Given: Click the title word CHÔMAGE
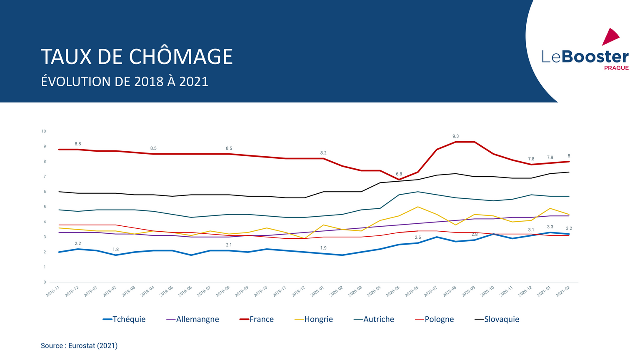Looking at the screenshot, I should [181, 57].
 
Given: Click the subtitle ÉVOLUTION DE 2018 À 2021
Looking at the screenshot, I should [124, 81].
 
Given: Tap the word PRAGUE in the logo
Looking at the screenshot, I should [616, 68].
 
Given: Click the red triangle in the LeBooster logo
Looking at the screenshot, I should [610, 37].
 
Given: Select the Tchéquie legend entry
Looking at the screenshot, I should [124, 319].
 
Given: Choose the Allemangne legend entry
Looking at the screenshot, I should [192, 319].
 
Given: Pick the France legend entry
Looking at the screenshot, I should [257, 319].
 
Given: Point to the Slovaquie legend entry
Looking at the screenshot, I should [497, 319].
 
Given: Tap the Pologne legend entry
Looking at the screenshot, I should [435, 319].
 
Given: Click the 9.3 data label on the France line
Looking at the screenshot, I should [455, 136].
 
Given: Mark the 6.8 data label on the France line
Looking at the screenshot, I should [399, 174].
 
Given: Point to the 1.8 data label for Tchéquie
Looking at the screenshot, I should [115, 250].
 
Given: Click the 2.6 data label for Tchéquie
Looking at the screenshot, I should [417, 237].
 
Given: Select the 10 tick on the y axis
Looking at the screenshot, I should [44, 131].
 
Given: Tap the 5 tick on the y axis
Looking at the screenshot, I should [45, 207].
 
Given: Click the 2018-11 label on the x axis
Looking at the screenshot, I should [53, 291].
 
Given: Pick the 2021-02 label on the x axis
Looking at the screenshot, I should [563, 291].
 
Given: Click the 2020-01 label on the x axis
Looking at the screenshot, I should [317, 291].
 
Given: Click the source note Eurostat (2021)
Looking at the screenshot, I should [79, 345].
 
